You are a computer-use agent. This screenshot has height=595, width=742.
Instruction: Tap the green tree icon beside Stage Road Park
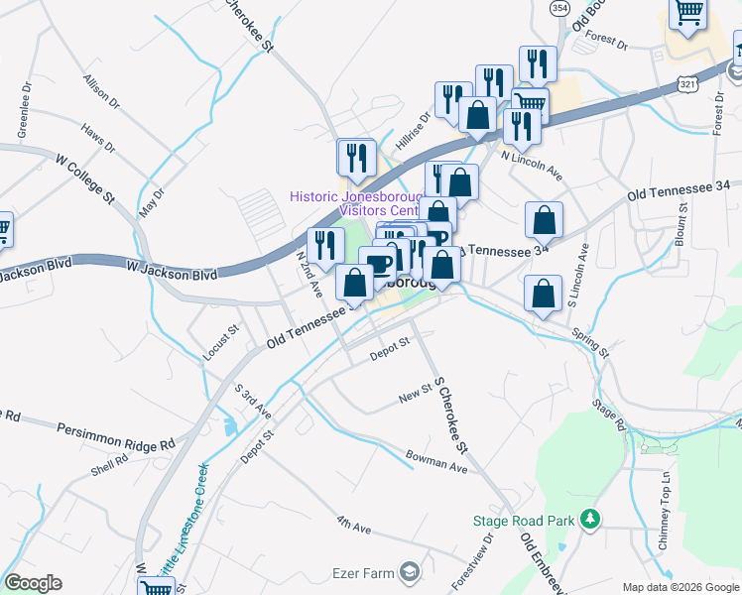coord(590,519)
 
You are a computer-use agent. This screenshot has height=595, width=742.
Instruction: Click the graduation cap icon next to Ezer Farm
coord(409,572)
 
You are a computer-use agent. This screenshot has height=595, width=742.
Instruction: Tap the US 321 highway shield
coord(686,85)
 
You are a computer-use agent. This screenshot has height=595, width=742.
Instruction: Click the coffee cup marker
coord(378,266)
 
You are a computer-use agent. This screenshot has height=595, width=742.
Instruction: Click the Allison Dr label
coord(101,90)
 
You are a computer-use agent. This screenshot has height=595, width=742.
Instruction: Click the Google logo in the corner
coord(33,583)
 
